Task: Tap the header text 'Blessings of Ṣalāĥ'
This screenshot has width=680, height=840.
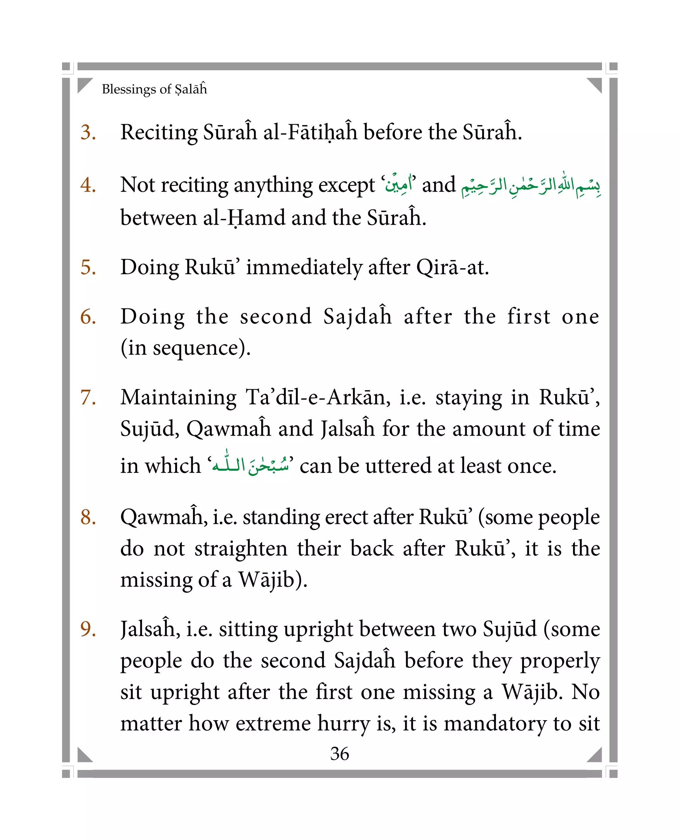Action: [x=154, y=89]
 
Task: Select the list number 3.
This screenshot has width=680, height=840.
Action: [x=88, y=132]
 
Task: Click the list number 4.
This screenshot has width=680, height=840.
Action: [x=88, y=185]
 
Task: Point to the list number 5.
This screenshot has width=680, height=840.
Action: [x=88, y=268]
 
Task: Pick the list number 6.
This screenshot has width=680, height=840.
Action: [x=88, y=316]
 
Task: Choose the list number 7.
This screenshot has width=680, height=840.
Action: [x=88, y=397]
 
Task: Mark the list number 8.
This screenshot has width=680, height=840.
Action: [x=88, y=517]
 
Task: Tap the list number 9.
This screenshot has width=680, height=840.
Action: [x=88, y=629]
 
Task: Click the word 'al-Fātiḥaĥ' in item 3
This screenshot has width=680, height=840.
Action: [x=310, y=132]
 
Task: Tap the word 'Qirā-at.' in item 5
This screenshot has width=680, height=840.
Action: [x=453, y=268]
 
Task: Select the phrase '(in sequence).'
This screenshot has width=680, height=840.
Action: [x=185, y=348]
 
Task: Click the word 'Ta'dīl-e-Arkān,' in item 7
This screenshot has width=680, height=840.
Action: [x=318, y=397]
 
